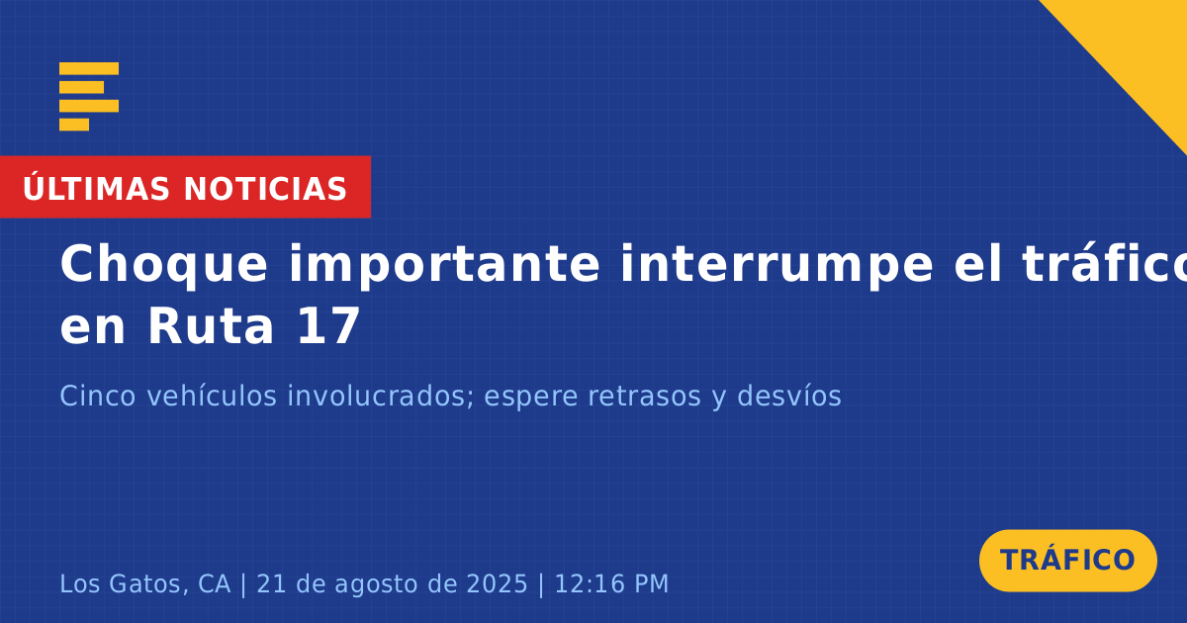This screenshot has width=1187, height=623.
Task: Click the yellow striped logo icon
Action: [89, 97]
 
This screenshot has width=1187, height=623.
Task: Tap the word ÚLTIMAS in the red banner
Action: [96, 188]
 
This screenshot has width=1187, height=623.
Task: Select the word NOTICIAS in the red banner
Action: [265, 189]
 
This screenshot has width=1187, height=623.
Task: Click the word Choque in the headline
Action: [164, 265]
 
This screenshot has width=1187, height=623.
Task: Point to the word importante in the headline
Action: [444, 265]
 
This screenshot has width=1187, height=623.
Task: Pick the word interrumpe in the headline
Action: [776, 264]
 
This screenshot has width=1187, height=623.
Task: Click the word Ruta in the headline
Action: [211, 326]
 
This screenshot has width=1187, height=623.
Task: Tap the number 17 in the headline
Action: [329, 326]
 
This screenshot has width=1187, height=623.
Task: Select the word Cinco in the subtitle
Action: [98, 396]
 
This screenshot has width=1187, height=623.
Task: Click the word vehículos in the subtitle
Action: [212, 396]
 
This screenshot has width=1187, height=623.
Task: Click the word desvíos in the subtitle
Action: [789, 396]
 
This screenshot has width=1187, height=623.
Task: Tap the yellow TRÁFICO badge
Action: [1067, 560]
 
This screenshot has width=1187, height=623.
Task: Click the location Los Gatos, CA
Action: [145, 583]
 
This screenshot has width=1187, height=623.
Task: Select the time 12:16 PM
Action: [611, 583]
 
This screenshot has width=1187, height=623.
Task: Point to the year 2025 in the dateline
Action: [497, 583]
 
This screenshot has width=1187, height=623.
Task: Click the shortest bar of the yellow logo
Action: [74, 125]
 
